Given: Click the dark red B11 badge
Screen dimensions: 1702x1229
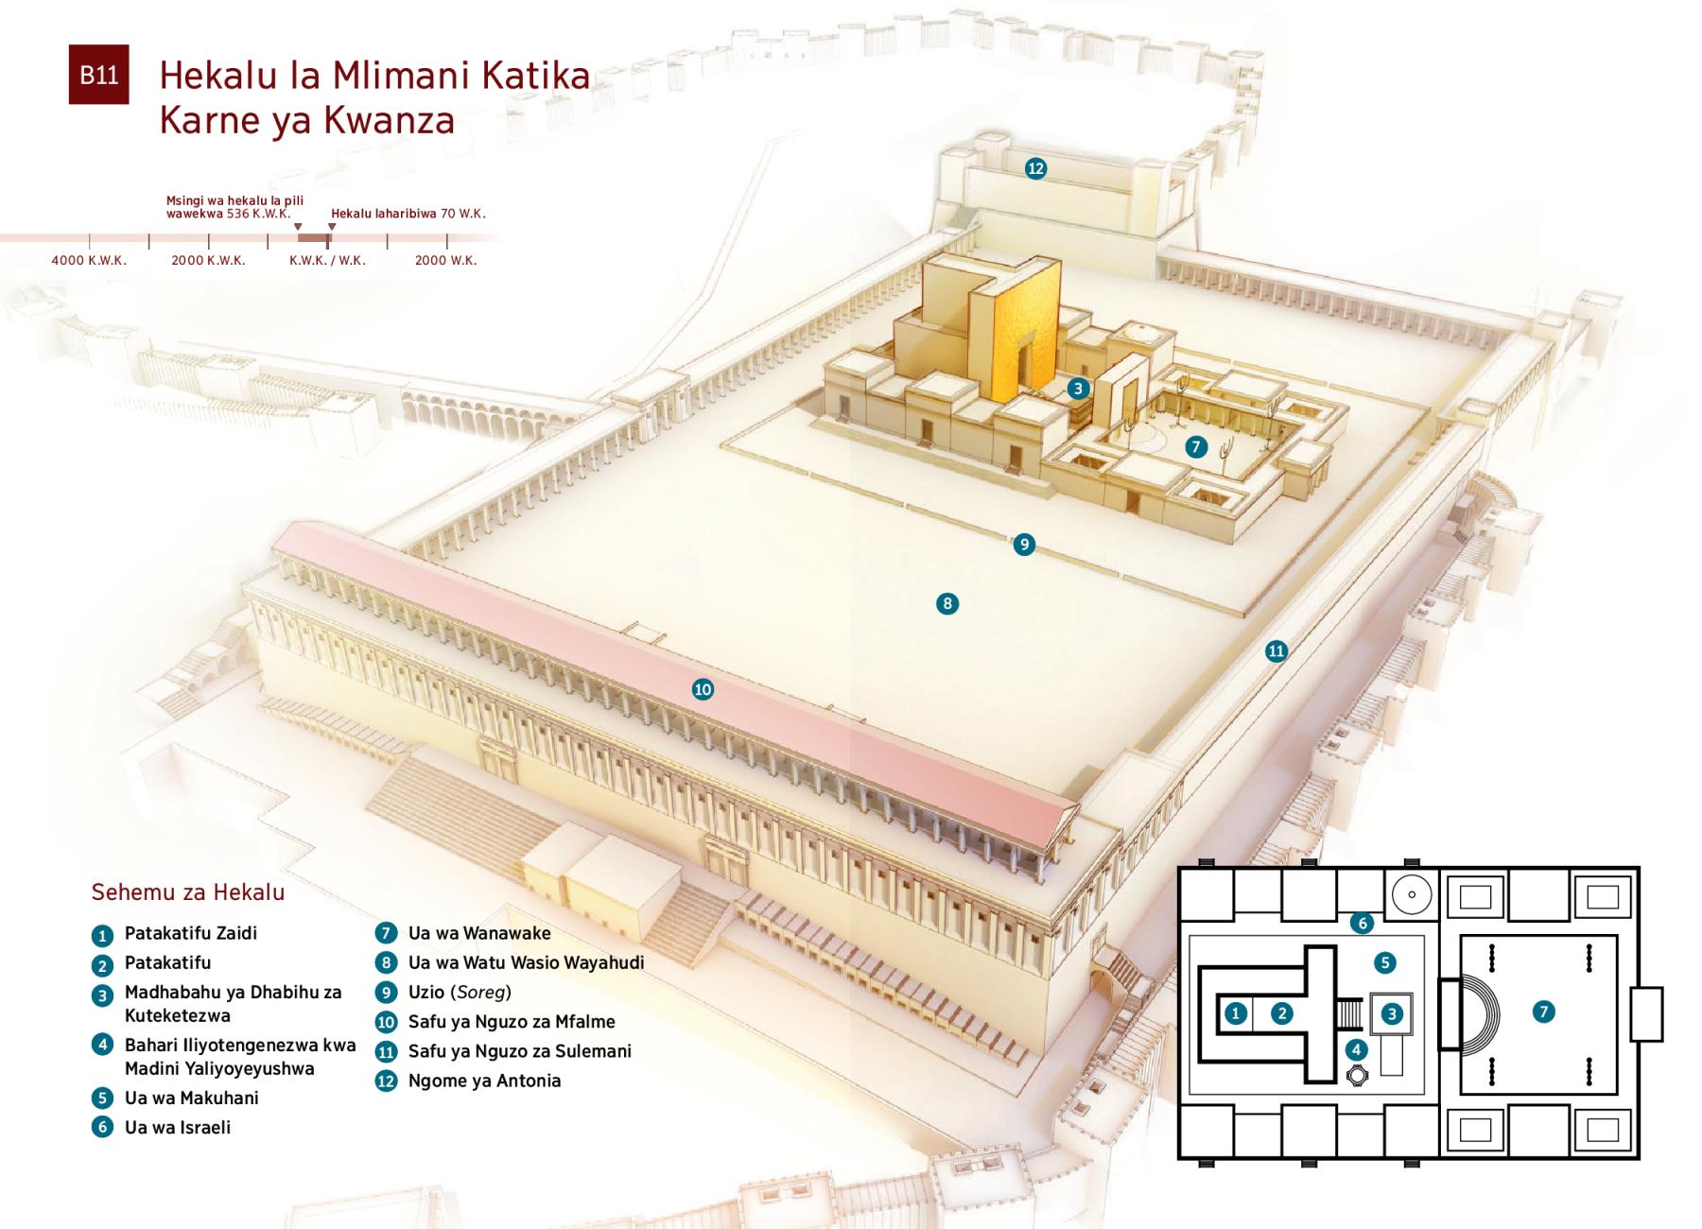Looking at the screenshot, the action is click(98, 75).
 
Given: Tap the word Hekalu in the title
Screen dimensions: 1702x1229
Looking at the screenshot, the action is click(219, 76).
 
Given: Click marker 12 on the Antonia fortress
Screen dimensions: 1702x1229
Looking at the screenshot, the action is click(1035, 168).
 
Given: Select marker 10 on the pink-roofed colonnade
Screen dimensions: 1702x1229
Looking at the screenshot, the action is click(703, 689).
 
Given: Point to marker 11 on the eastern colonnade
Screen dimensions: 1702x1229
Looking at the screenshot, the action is click(1276, 650).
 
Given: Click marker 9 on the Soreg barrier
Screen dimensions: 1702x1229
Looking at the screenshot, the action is click(1023, 544).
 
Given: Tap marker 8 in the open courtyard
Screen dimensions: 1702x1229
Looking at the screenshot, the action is click(947, 603).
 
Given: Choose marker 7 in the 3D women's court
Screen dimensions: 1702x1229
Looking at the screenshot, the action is click(1196, 446).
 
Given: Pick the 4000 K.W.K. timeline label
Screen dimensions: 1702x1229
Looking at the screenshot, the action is click(89, 260).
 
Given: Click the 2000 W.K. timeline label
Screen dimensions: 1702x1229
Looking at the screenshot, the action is click(445, 260).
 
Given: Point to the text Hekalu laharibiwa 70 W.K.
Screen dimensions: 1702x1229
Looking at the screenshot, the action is click(408, 214).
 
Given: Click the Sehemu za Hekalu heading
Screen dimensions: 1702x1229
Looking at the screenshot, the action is click(187, 891).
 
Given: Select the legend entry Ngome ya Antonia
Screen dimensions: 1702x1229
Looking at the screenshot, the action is click(484, 1081).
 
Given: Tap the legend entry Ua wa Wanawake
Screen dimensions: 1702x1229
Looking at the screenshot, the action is click(479, 933).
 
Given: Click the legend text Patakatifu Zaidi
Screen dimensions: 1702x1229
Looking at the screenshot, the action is click(191, 933).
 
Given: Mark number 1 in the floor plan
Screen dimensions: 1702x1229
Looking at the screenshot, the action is click(1236, 1013).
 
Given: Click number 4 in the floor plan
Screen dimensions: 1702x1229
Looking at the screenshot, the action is click(1356, 1049).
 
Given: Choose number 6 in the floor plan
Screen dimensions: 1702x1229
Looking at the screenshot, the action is click(1362, 923).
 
